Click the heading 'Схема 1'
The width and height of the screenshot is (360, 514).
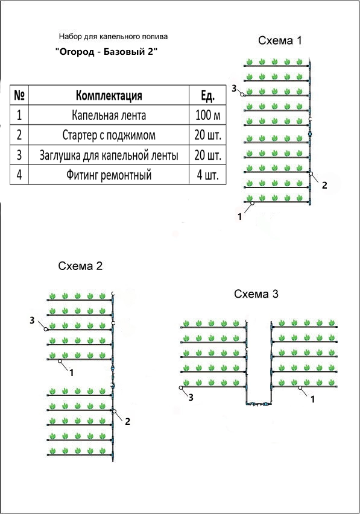[280, 40]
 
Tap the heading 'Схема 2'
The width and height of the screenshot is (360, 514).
[80, 266]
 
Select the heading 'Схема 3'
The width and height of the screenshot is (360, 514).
[256, 294]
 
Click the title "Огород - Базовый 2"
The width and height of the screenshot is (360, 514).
[106, 51]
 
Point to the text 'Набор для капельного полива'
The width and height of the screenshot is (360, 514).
[113, 36]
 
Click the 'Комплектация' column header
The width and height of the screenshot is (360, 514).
[109, 95]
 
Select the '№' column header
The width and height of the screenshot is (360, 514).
[19, 95]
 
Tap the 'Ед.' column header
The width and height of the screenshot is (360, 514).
[207, 95]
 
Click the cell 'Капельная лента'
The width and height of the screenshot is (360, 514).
[109, 115]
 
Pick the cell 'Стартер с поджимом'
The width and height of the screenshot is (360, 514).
[109, 135]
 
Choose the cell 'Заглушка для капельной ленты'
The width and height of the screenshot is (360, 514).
[109, 155]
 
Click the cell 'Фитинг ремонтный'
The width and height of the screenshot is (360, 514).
[109, 175]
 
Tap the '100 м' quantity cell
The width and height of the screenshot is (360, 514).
[207, 115]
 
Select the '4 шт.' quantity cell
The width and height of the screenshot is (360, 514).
[207, 175]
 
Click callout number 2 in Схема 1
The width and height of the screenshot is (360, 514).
[324, 185]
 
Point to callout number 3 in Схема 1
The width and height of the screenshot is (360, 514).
[234, 88]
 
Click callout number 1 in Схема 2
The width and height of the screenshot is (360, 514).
[72, 373]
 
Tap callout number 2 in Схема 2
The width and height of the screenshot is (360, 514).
[128, 421]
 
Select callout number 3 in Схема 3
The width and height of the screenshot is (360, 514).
[191, 398]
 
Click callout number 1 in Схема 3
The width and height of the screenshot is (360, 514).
[313, 399]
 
